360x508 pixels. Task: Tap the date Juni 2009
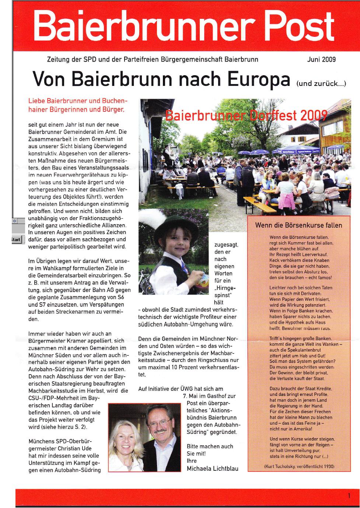(321, 59)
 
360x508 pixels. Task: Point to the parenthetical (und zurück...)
(321, 83)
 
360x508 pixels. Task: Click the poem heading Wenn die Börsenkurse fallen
(298, 225)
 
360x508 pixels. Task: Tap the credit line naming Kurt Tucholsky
(299, 466)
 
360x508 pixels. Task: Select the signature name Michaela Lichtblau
(213, 469)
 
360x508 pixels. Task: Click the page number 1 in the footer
(349, 496)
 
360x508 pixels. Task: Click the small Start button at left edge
(16, 240)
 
